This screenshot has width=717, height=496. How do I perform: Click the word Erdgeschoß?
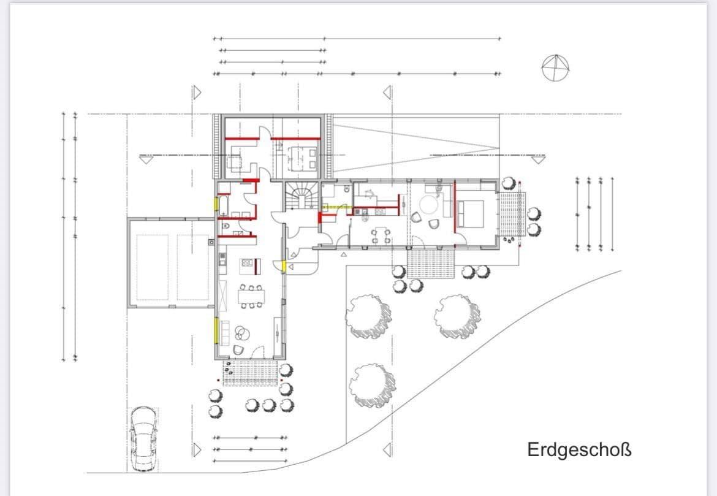coord(579,450)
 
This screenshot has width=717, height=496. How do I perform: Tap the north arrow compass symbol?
coord(555,67)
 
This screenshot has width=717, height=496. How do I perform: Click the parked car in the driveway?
coord(143,438)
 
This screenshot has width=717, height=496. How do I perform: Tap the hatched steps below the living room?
coord(250,373)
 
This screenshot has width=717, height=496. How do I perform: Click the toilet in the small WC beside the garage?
coord(227,226)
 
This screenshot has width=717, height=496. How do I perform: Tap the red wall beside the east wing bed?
coord(454,207)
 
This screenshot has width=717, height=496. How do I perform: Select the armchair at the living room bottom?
coord(238,349)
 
